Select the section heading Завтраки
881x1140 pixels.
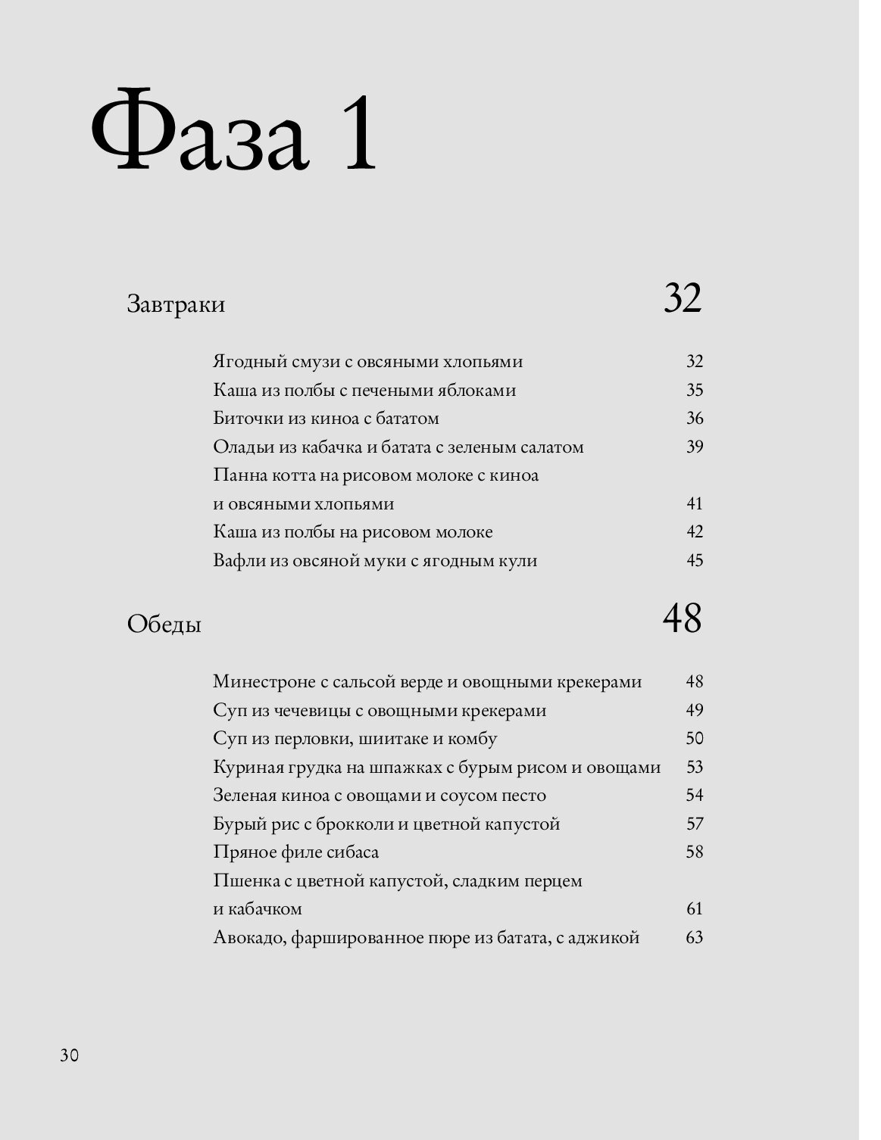(176, 305)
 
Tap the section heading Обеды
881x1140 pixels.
(164, 625)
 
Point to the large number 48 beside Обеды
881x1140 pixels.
(683, 618)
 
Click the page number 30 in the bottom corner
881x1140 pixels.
(69, 1055)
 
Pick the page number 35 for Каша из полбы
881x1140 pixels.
(695, 391)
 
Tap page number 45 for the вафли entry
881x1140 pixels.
(695, 561)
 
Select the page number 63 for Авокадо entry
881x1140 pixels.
(695, 938)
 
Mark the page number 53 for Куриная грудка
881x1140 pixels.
(695, 768)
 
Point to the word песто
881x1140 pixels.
(523, 796)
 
